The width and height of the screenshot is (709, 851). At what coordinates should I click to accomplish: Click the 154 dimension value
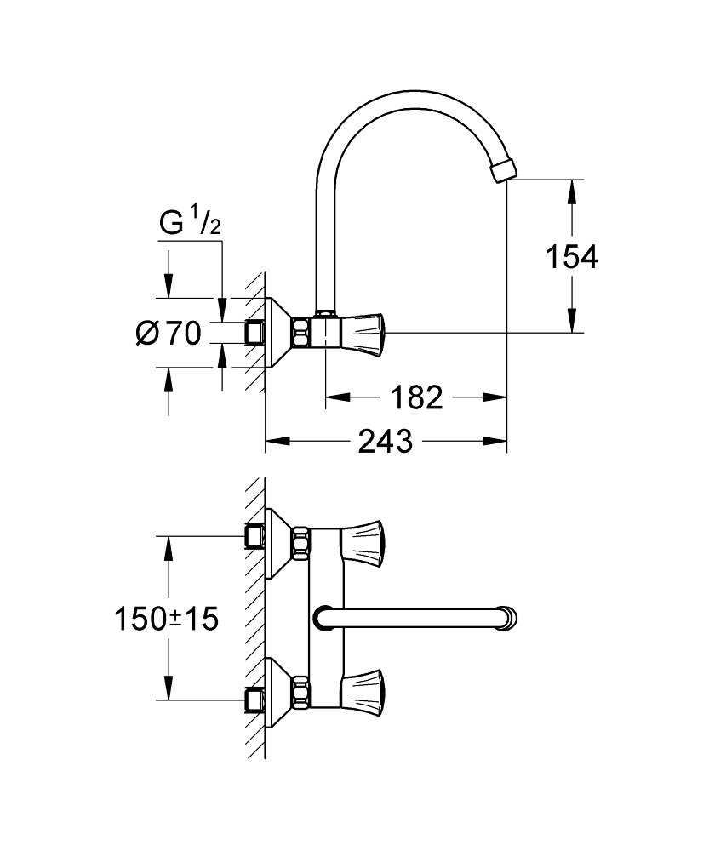572,255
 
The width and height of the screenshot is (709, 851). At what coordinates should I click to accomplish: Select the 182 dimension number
417,397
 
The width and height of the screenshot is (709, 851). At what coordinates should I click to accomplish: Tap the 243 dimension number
386,442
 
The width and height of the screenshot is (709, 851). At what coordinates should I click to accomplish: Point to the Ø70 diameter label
169,333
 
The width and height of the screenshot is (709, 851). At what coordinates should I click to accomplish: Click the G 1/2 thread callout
191,224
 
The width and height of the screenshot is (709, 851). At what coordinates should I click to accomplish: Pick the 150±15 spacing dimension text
167,619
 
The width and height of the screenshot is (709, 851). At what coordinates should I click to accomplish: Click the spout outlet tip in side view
504,168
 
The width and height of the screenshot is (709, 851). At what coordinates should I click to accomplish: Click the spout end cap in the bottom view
509,617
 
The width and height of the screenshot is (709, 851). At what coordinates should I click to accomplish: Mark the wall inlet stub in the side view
253,333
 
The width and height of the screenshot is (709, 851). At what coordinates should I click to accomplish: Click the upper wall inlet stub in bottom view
253,536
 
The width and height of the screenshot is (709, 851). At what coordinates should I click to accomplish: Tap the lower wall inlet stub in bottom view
253,699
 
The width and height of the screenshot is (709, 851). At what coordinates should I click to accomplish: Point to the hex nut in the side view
301,332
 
